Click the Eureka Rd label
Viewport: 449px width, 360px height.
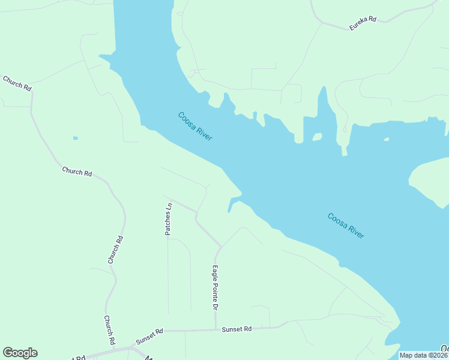(x=363, y=23)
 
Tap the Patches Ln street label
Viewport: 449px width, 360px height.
(x=169, y=219)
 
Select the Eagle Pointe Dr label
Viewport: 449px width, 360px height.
(x=215, y=288)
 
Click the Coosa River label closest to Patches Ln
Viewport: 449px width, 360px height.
(x=195, y=126)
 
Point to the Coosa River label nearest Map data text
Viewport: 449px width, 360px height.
(x=346, y=226)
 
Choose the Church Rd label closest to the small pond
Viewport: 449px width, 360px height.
(x=77, y=172)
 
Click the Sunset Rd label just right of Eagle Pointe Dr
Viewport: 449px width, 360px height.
(x=237, y=329)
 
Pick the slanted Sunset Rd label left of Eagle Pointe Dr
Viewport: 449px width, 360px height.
(x=149, y=336)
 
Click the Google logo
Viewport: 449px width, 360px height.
(x=20, y=353)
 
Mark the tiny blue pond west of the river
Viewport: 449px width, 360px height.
(x=76, y=139)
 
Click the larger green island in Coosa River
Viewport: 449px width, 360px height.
(x=318, y=137)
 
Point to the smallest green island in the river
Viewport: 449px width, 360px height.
(x=387, y=140)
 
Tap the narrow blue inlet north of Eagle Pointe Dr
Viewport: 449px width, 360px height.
(x=231, y=206)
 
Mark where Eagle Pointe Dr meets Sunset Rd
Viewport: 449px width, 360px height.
(x=215, y=329)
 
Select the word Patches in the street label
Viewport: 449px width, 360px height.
(x=169, y=223)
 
